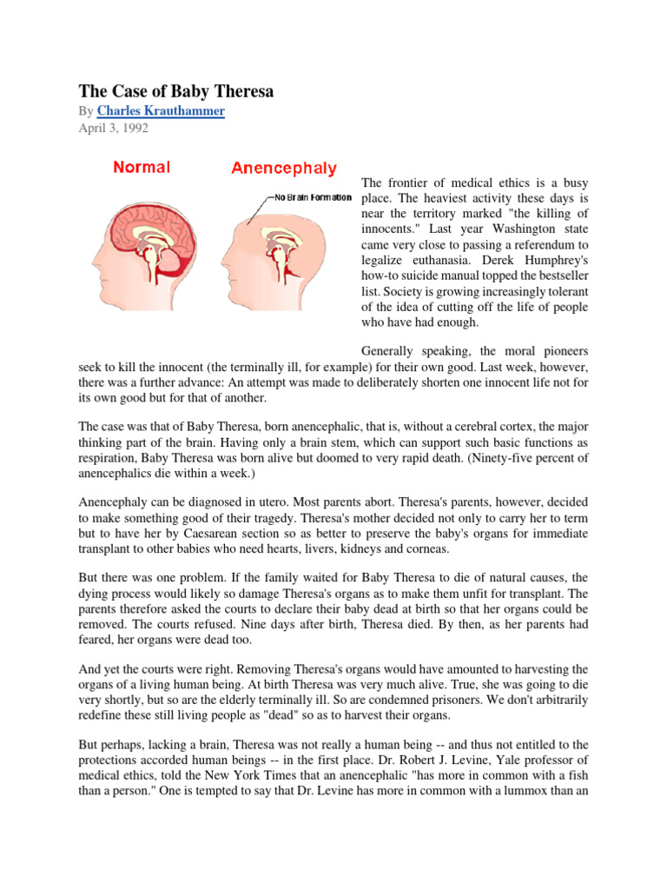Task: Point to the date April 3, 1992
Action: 113,128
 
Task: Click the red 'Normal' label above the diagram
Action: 142,167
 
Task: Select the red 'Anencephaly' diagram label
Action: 284,168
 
